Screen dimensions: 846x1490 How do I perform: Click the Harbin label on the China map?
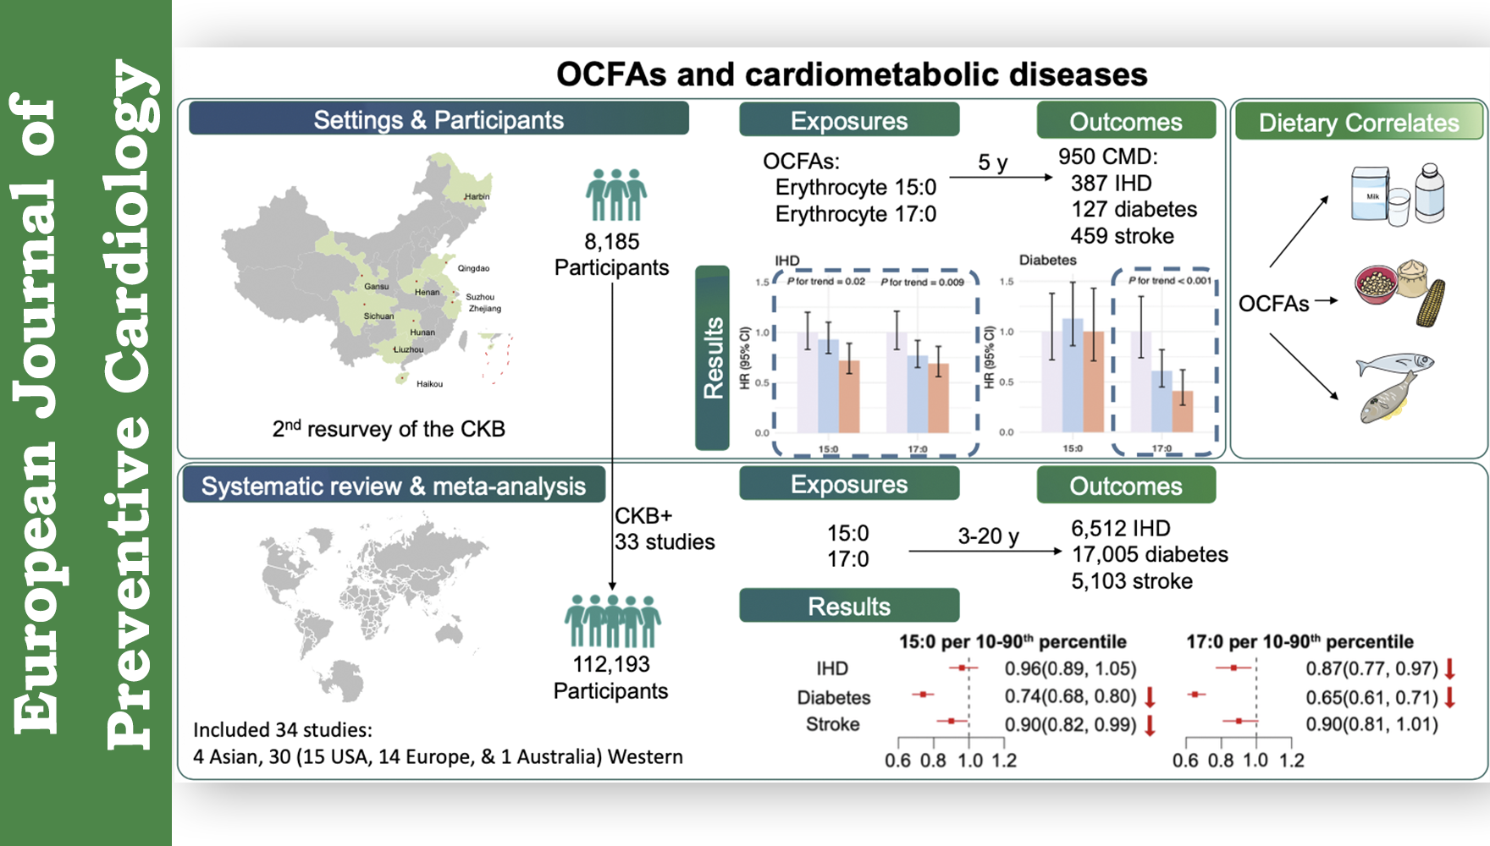477,196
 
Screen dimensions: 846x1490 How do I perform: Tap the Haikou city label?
429,384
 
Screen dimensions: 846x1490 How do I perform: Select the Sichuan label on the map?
378,316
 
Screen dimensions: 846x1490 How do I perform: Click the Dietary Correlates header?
1359,123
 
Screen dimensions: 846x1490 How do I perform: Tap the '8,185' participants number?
612,242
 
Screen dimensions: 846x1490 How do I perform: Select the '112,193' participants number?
611,665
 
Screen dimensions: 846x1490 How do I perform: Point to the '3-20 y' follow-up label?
988,536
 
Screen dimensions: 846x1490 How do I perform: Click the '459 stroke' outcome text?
1122,236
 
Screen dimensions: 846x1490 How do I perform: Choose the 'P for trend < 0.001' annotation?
1169,281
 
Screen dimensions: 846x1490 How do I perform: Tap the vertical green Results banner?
713,358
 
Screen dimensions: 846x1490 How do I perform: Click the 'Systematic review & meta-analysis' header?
394,486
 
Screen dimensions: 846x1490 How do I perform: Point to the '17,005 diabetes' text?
1150,555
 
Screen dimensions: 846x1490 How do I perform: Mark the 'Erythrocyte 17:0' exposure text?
855,214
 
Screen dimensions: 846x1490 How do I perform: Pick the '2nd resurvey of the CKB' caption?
389,429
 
